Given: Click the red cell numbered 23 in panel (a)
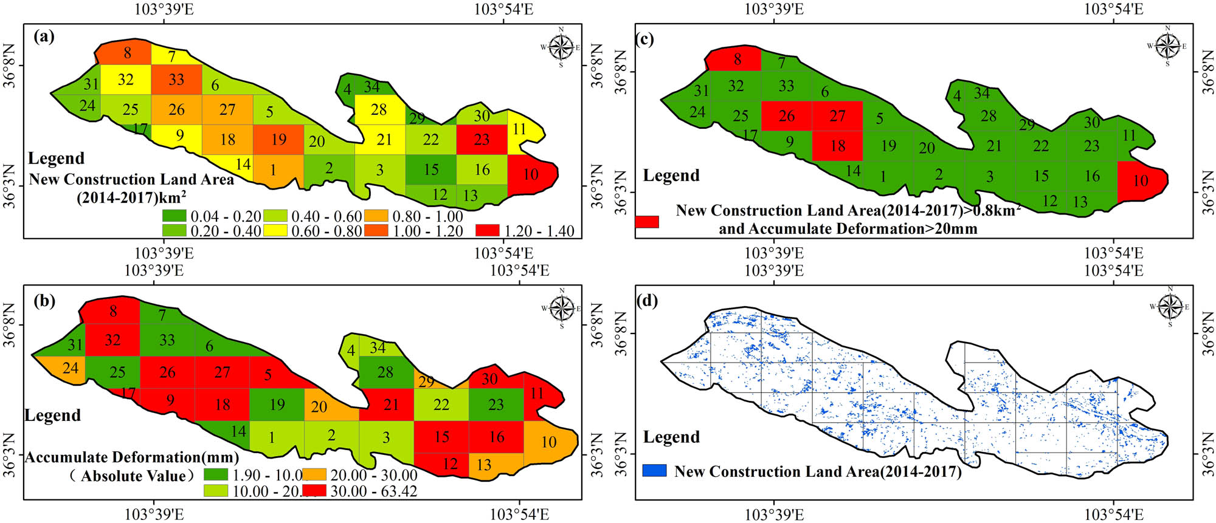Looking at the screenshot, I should (x=481, y=139).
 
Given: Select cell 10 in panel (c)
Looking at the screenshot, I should (x=1141, y=180).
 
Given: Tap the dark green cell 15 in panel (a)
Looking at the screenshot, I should (x=431, y=169).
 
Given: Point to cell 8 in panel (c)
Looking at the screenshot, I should (x=737, y=59).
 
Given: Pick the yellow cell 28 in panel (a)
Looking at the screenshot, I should (x=379, y=110).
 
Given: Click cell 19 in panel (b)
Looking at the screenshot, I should (x=277, y=405).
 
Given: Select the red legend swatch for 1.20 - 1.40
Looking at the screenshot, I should (x=488, y=230).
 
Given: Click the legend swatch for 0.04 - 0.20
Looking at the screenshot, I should (x=174, y=216).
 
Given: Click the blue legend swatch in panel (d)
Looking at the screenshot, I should (x=655, y=471).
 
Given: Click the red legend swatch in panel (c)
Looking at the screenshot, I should (x=647, y=221).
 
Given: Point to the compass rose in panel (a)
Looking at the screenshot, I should (x=561, y=47).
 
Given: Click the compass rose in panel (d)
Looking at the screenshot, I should (x=1170, y=307).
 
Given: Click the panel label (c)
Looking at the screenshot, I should (x=644, y=39).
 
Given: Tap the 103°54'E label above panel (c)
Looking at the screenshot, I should (x=1114, y=9).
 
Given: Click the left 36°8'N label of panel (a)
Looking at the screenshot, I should (x=10, y=66).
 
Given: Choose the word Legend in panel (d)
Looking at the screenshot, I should (x=671, y=437).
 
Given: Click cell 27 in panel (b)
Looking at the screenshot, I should (x=222, y=372).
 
